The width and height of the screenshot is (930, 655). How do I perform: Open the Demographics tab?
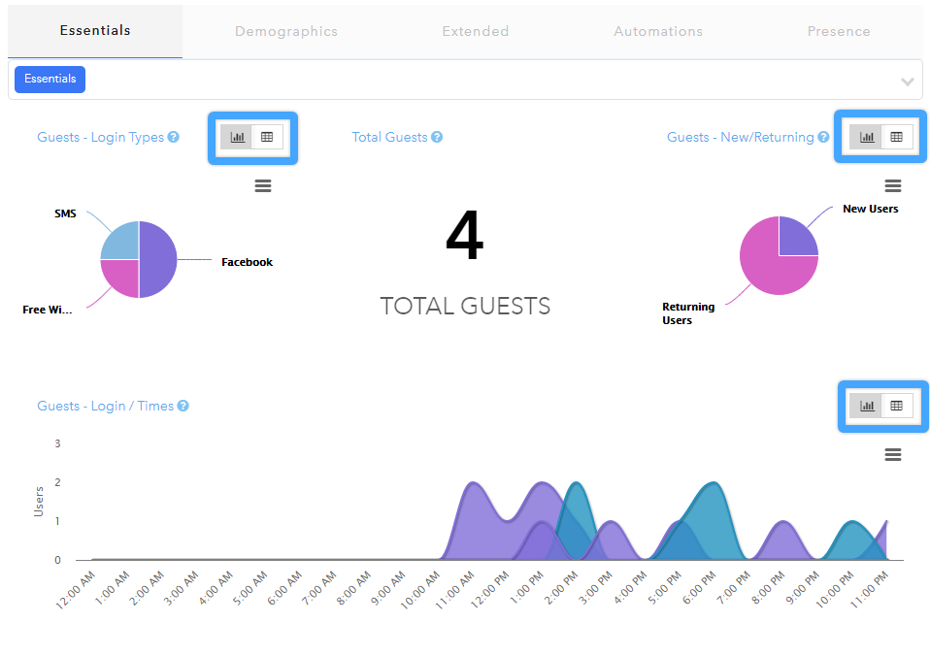(x=285, y=31)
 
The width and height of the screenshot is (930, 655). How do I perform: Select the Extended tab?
(x=475, y=31)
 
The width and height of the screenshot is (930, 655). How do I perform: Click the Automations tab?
(x=658, y=31)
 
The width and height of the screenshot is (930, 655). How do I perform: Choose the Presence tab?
(x=839, y=31)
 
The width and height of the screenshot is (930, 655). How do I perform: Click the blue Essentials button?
(x=50, y=80)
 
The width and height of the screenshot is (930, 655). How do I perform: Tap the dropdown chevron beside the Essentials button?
(x=907, y=82)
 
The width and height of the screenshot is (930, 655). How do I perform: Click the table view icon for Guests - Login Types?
(x=267, y=137)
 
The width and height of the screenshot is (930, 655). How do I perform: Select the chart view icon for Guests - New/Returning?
(x=867, y=137)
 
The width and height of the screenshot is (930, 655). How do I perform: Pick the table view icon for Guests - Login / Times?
(x=896, y=406)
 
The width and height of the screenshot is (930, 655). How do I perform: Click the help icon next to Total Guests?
(x=437, y=137)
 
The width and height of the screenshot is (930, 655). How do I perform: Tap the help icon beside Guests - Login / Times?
(x=183, y=406)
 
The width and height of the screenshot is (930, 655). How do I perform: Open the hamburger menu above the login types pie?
(x=263, y=185)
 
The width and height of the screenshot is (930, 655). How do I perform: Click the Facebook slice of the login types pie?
(x=159, y=260)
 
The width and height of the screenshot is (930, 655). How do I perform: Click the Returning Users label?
(x=688, y=313)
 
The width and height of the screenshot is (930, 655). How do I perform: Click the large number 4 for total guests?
(x=464, y=236)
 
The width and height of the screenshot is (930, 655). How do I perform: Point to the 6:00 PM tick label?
(x=699, y=587)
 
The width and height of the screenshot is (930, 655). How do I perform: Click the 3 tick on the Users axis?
(x=57, y=443)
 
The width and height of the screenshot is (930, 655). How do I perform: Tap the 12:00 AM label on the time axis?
(x=76, y=590)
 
